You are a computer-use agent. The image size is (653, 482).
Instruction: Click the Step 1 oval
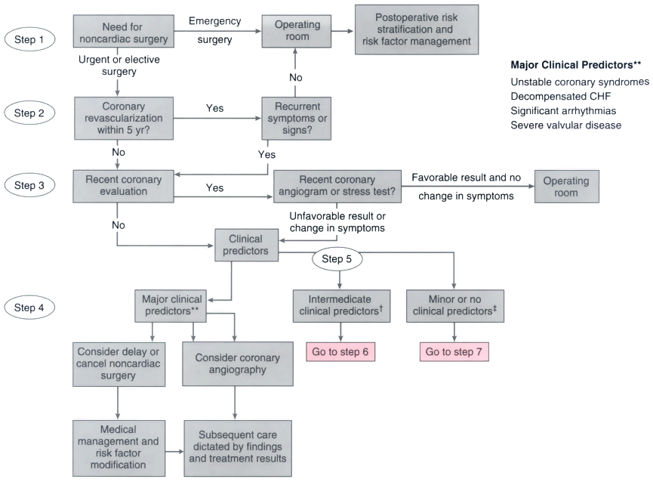coord(29,39)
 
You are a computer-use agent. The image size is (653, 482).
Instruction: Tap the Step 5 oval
coord(337,258)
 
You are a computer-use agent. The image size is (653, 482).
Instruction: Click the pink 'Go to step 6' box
coord(340,352)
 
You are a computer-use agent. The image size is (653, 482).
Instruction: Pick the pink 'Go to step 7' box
coord(454,352)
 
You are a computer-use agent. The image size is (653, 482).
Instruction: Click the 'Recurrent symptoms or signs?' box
coord(297,119)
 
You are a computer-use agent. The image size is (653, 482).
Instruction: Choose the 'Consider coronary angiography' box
coord(237,363)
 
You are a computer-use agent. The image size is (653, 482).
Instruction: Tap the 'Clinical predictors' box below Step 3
coord(246,245)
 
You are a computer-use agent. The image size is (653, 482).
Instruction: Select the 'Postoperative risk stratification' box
coord(417,29)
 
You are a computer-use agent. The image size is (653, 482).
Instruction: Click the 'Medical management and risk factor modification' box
coord(119,448)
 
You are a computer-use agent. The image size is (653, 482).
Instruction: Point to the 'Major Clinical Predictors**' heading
coord(576,65)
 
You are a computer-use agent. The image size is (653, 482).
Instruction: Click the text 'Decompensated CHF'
coord(561,96)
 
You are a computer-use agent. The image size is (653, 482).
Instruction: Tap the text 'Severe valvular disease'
coord(566,125)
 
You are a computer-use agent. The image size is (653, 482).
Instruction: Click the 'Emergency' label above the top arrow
coord(215,21)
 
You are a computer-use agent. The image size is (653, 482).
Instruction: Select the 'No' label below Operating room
coord(296,78)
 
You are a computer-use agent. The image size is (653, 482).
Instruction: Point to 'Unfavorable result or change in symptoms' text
coord(337,222)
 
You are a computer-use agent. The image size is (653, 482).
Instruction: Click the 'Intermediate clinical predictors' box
coord(341,306)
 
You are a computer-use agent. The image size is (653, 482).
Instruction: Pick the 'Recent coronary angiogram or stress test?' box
coord(337,186)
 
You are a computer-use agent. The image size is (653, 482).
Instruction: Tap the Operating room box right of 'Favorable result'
coord(567,186)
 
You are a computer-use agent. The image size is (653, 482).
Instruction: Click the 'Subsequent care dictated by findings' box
coord(238,448)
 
